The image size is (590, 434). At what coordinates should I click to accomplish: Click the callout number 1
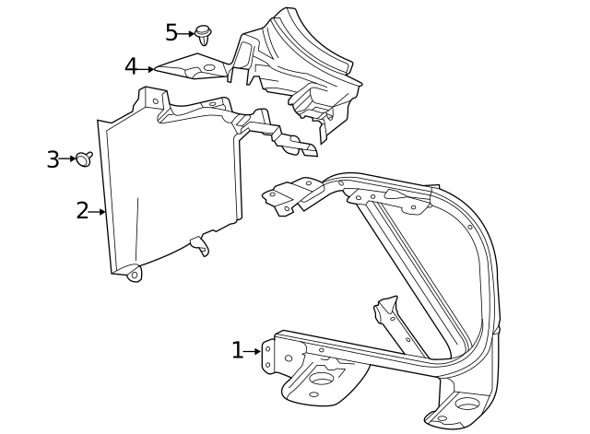click(237, 350)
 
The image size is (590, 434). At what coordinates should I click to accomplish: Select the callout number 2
click(82, 211)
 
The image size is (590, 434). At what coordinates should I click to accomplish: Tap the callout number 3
click(53, 159)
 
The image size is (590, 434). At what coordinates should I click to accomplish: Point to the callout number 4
click(131, 67)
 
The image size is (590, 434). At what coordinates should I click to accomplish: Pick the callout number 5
click(171, 33)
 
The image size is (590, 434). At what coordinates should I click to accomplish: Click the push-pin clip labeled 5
click(204, 35)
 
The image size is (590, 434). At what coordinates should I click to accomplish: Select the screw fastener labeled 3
click(85, 158)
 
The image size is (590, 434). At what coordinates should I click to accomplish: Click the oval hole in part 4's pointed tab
click(209, 67)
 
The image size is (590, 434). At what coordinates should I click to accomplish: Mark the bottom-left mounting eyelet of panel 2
click(134, 274)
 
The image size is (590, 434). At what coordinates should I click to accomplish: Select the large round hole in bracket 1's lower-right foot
click(466, 404)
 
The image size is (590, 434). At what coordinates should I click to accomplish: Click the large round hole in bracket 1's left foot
click(323, 378)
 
